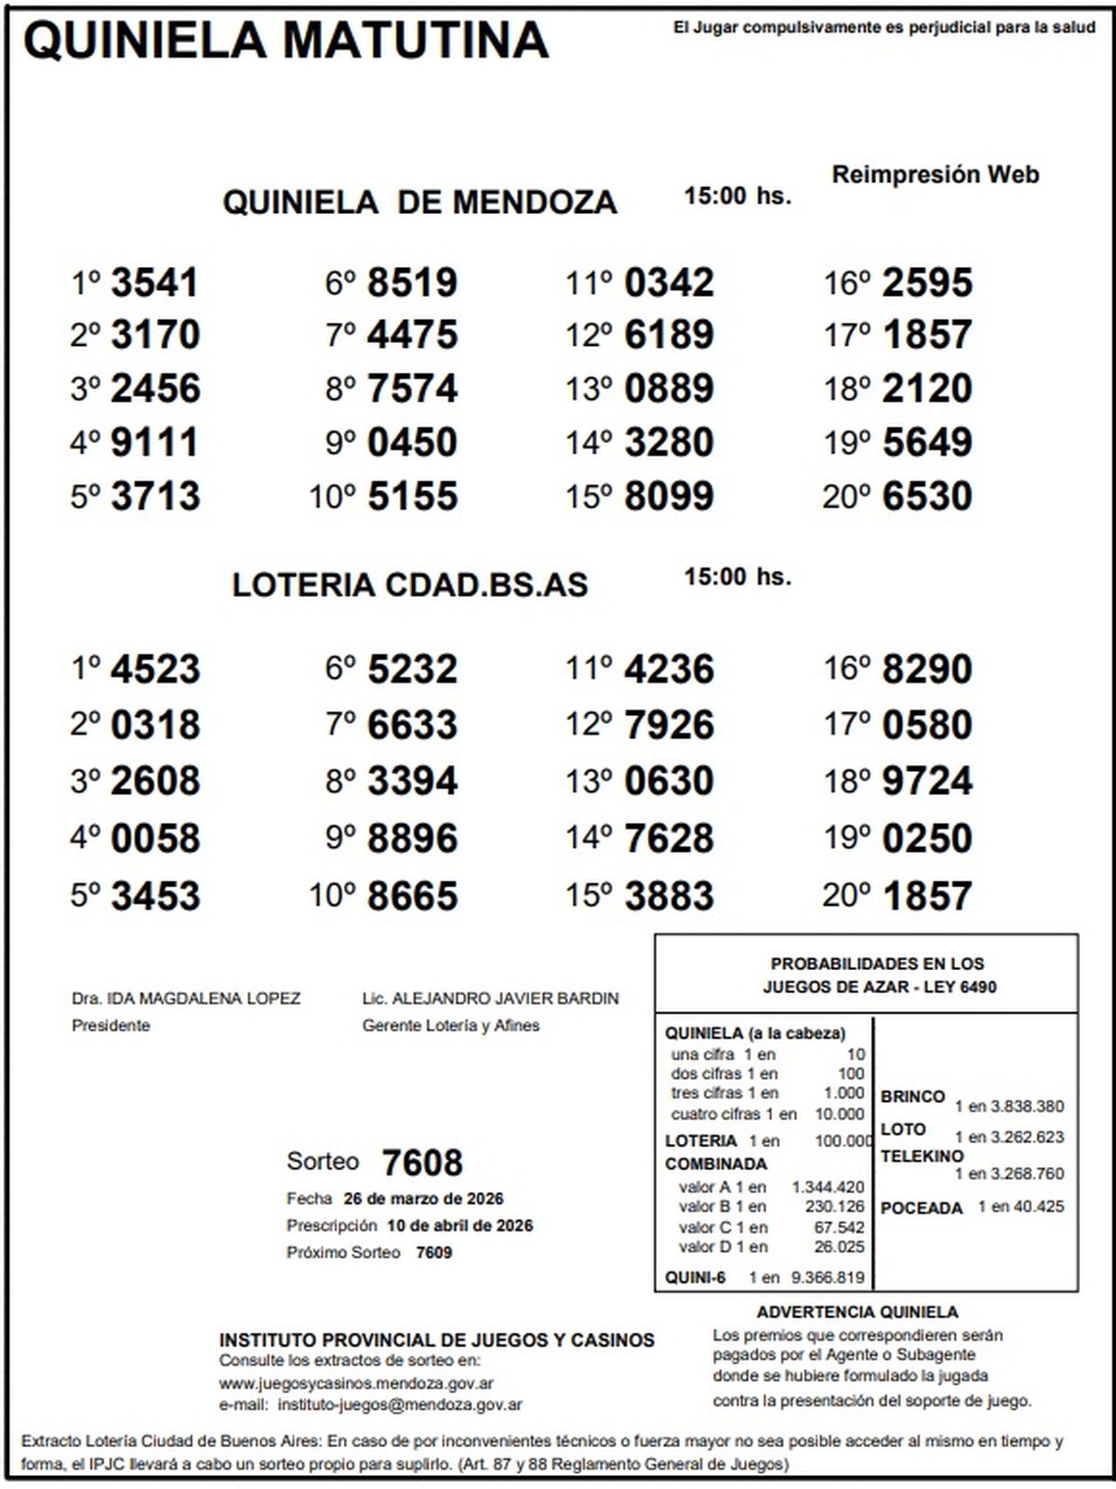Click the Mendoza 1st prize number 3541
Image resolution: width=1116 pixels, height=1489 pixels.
coord(154,283)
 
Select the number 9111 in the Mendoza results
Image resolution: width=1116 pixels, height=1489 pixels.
coord(154,442)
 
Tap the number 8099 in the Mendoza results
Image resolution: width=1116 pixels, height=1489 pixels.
coord(669,496)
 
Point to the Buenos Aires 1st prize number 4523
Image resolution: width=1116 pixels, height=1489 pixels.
coord(154,670)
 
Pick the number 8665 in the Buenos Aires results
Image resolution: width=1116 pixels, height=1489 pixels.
coord(412,896)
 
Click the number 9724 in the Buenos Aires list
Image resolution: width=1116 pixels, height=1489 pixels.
coord(926,781)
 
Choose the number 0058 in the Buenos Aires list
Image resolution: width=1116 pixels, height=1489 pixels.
coord(154,838)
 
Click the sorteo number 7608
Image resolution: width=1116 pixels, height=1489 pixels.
coord(421,1163)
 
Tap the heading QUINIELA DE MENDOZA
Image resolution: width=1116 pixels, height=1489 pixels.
coord(419,202)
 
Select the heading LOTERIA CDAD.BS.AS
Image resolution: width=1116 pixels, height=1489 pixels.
coord(410,585)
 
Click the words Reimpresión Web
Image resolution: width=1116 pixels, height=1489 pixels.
coord(935,175)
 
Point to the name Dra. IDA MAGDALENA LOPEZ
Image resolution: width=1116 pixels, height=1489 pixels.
coord(186,999)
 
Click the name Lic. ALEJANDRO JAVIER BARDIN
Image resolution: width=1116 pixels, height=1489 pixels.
coord(490,999)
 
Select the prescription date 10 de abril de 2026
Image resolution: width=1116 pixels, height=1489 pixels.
coord(459,1226)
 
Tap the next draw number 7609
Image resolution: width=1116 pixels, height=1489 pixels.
coord(433,1253)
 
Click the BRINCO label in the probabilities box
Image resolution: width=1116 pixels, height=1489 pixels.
coord(912,1097)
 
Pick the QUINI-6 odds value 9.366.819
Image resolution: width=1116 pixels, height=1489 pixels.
coord(828,1278)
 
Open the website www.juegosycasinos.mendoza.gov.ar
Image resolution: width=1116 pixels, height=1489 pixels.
coord(356,1384)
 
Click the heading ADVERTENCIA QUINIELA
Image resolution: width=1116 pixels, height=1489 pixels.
coord(857,1312)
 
